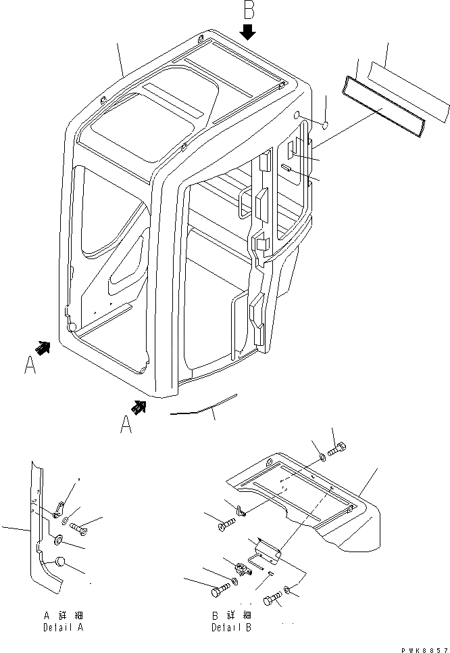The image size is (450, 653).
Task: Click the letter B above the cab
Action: click(248, 12)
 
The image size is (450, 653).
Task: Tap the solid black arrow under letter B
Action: click(249, 32)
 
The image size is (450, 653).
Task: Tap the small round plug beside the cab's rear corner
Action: click(324, 125)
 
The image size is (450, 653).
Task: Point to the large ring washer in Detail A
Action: click(57, 541)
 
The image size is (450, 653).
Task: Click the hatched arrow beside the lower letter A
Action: click(140, 406)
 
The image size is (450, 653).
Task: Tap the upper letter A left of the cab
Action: click(29, 365)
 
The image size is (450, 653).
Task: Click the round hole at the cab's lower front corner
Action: click(72, 328)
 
